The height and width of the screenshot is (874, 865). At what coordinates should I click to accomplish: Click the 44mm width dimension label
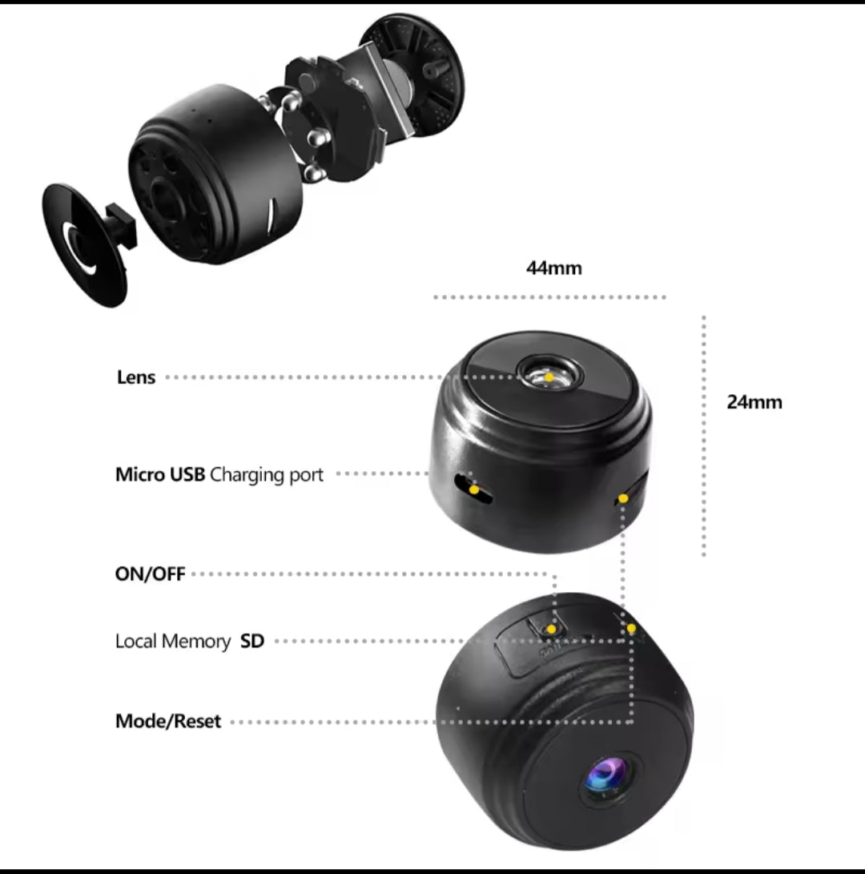[553, 268]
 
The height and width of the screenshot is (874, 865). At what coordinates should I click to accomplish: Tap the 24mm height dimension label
[754, 402]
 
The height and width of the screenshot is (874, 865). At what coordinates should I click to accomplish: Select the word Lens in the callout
[136, 377]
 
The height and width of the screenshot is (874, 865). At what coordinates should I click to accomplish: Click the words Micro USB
[160, 474]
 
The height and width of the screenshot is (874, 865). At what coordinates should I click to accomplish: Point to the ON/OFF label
[150, 574]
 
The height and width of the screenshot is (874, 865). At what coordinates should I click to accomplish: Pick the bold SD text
[251, 642]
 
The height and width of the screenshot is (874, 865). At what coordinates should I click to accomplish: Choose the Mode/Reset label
[168, 721]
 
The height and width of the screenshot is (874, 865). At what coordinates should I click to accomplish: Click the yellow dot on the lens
[549, 375]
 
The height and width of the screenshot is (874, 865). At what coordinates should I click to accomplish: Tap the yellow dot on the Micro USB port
[474, 488]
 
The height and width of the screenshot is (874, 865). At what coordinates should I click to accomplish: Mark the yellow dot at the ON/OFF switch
[550, 630]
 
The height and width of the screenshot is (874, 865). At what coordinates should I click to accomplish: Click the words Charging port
[267, 474]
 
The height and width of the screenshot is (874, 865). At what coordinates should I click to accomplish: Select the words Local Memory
[172, 642]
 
